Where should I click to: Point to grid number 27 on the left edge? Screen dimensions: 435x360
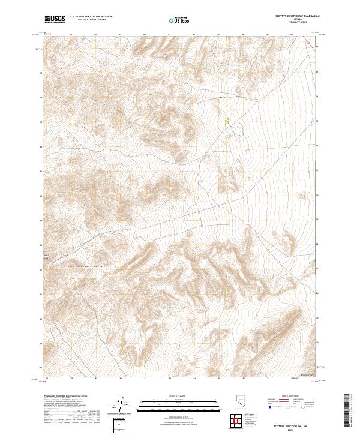(40, 269)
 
